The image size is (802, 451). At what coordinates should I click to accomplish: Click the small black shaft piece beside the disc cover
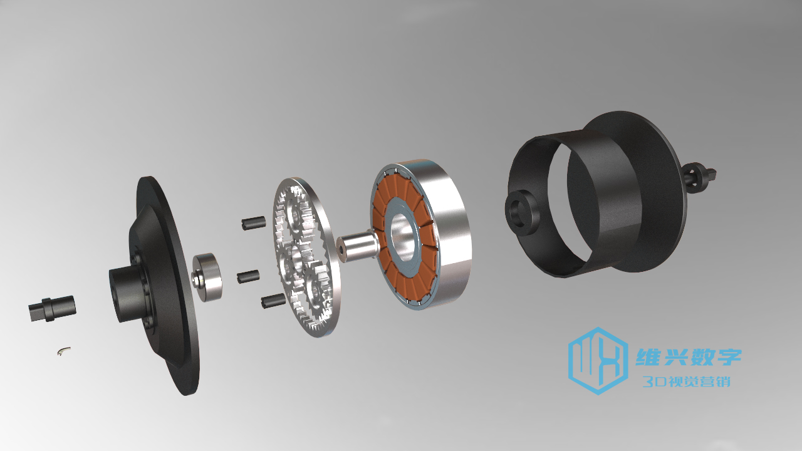click(x=52, y=308)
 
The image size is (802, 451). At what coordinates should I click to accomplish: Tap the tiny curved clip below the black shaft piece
click(x=64, y=351)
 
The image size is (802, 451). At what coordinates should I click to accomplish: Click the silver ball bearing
click(x=206, y=277)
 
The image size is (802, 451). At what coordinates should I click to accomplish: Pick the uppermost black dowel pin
click(x=254, y=222)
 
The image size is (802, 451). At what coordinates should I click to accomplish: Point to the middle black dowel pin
click(x=248, y=276)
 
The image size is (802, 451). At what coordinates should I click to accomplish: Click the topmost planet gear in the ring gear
click(x=296, y=215)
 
